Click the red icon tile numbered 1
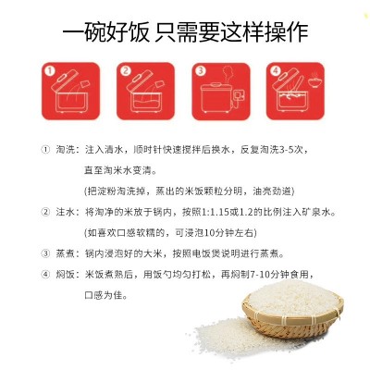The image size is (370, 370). click(70, 91)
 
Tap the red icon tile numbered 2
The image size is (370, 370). click(145, 91)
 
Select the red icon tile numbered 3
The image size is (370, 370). click(221, 91)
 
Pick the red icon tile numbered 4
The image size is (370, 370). click(295, 91)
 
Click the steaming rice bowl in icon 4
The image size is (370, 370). click(315, 81)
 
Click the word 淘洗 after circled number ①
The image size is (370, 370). click(65, 150)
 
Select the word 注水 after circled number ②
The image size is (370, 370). click(65, 213)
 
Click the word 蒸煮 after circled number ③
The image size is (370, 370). click(65, 254)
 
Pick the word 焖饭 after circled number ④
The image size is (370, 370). click(65, 274)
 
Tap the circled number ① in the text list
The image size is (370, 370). click(45, 150)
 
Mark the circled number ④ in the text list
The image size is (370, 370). click(45, 274)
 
